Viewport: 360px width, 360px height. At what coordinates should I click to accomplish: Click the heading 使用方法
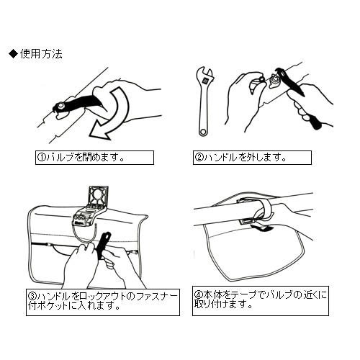41,54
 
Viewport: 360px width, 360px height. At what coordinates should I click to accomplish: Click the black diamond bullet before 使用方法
13,54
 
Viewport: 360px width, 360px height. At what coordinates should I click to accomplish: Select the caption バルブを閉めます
84,158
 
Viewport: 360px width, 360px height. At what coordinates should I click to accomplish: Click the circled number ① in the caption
41,158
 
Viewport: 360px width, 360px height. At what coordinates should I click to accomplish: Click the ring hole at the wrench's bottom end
204,132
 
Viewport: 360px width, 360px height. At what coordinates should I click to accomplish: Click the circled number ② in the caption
199,158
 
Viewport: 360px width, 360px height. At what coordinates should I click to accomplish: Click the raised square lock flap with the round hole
99,196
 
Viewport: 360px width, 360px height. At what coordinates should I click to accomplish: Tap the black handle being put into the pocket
104,245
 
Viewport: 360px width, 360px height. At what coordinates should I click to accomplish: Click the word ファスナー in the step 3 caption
156,296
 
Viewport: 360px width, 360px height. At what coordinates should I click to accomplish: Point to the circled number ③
32,296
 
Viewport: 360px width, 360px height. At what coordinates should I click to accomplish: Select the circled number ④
199,294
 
